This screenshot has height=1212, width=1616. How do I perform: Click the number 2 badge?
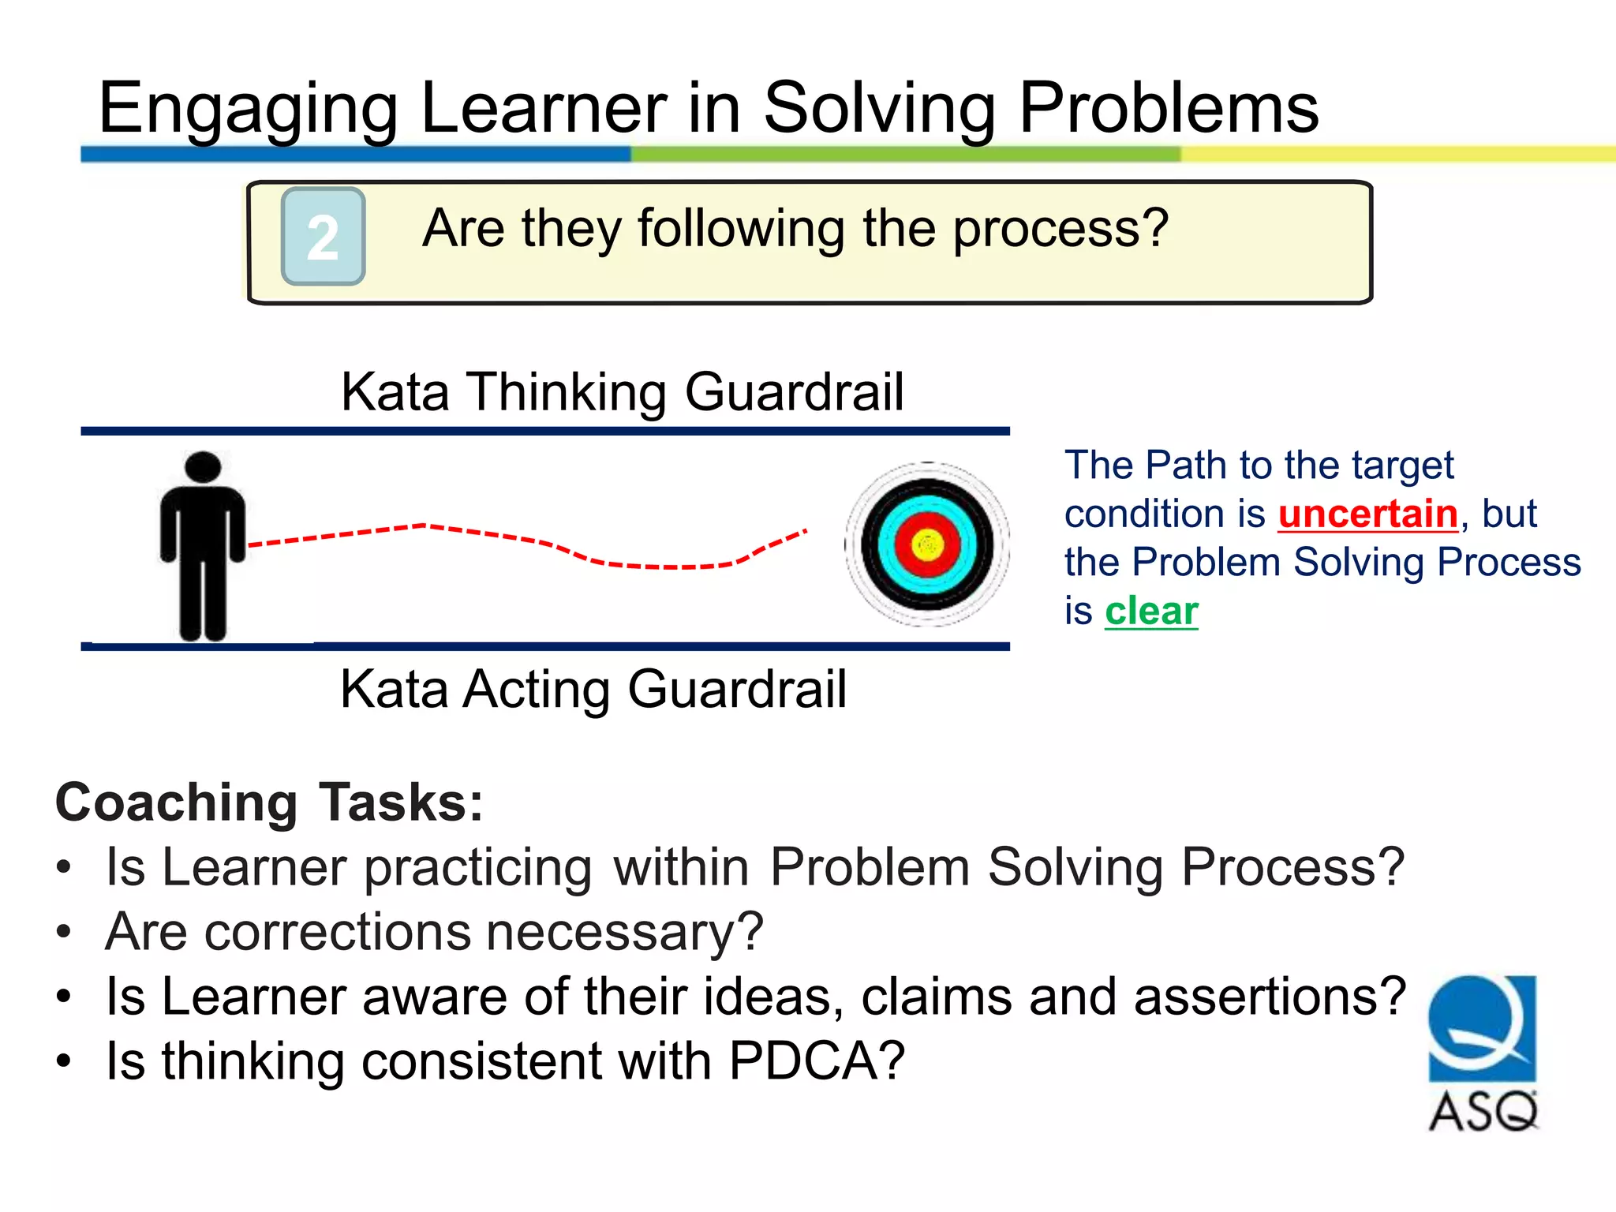pyautogui.click(x=323, y=237)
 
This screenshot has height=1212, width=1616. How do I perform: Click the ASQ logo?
pyautogui.click(x=1483, y=1053)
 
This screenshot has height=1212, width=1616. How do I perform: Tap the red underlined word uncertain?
pyautogui.click(x=1367, y=514)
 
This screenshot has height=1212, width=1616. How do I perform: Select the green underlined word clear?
pyautogui.click(x=1151, y=612)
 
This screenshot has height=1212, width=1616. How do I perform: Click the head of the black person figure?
pyautogui.click(x=203, y=466)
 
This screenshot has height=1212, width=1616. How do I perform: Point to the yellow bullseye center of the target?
pyautogui.click(x=927, y=544)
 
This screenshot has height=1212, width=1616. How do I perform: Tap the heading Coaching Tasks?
pyautogui.click(x=269, y=802)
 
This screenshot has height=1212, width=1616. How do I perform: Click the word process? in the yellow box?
pyautogui.click(x=1060, y=229)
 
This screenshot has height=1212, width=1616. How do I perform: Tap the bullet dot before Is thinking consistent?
pyautogui.click(x=64, y=1061)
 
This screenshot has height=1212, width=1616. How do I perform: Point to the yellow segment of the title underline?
pyautogui.click(x=1397, y=154)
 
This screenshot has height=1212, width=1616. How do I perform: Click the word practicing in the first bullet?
pyautogui.click(x=477, y=868)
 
